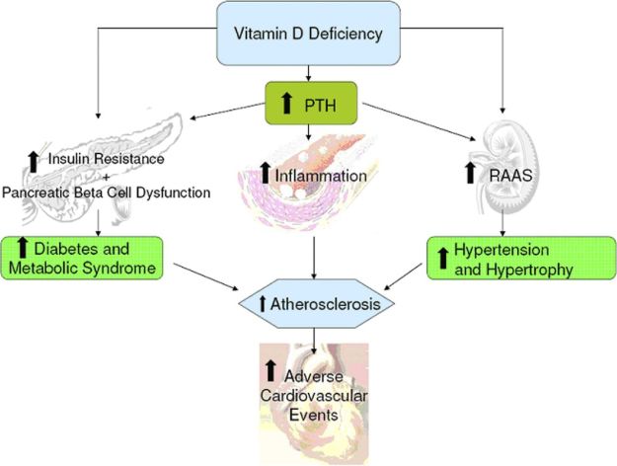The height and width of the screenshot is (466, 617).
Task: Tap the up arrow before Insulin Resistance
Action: click(35, 159)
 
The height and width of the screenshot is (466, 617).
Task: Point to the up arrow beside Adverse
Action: click(270, 372)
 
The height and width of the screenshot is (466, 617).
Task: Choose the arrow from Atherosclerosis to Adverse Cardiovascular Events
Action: click(314, 335)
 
